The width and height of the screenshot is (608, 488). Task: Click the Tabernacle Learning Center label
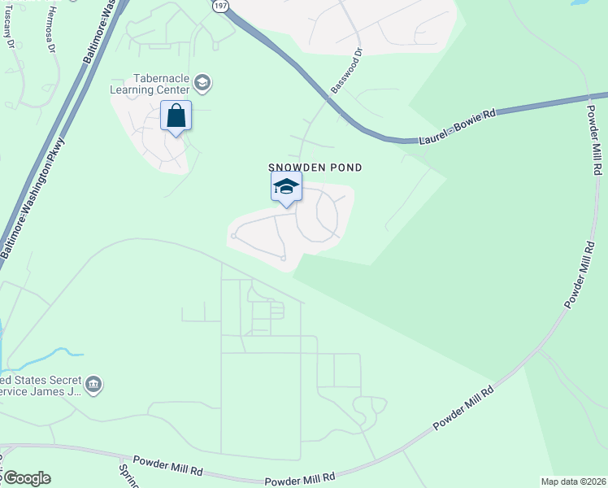pyautogui.click(x=150, y=84)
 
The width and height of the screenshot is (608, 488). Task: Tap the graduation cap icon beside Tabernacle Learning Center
pyautogui.click(x=202, y=83)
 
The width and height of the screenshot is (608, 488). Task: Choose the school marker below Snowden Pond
pyautogui.click(x=286, y=187)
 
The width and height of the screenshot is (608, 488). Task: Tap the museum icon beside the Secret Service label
pyautogui.click(x=93, y=384)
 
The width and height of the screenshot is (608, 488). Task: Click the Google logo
pyautogui.click(x=26, y=478)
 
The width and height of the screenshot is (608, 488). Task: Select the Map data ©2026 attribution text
pyautogui.click(x=574, y=481)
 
